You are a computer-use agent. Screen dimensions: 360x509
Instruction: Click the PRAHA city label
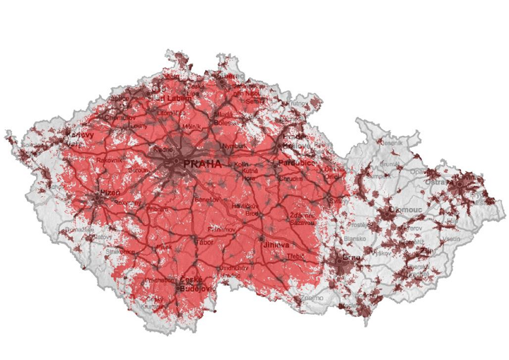[202, 163]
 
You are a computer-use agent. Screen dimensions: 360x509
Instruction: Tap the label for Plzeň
[110, 192]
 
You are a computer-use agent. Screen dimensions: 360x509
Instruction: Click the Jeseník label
[391, 142]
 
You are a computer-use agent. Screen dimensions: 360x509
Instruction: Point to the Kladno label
[162, 150]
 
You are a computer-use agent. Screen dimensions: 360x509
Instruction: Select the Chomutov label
[118, 117]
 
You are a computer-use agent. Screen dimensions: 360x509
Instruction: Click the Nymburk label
[233, 146]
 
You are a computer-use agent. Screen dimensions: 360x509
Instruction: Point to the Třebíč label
[295, 255]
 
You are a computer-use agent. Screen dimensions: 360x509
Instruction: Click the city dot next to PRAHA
[176, 163]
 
